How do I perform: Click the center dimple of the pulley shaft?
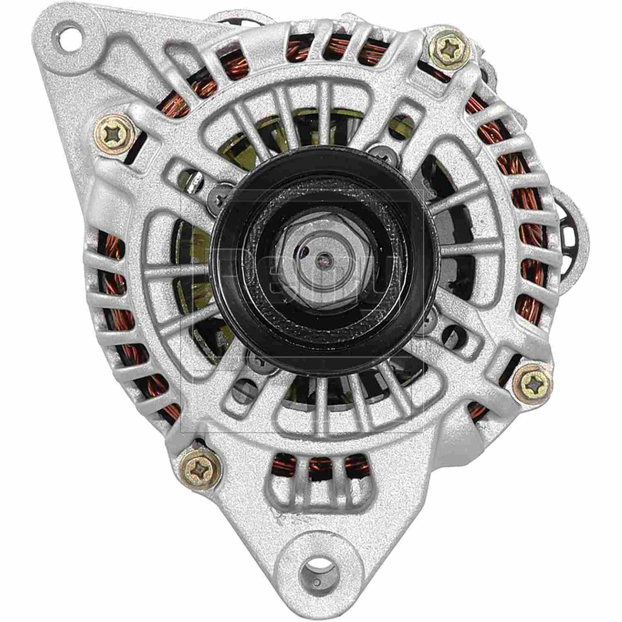tap(320, 260)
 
